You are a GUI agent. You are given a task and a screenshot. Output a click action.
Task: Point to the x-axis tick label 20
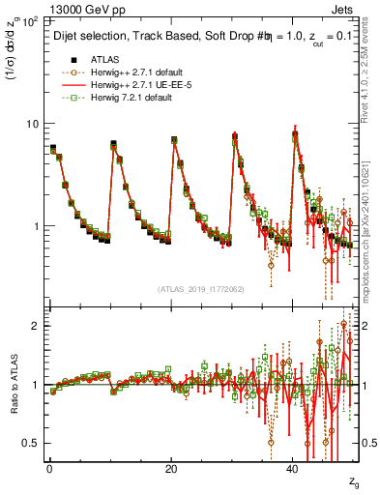[171, 470]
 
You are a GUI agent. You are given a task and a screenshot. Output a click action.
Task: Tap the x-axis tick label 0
[49, 470]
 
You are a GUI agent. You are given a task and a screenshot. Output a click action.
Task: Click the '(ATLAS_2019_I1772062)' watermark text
[199, 288]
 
